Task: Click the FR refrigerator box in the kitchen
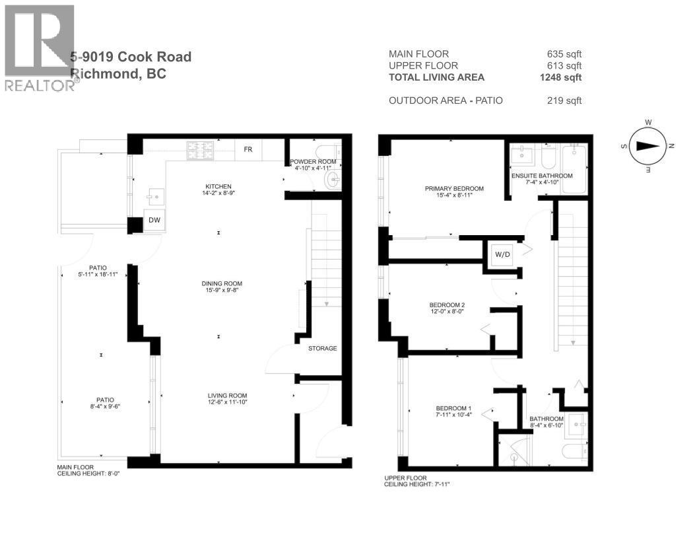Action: [x=248, y=149]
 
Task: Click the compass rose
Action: [x=649, y=147]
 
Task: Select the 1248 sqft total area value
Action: [x=560, y=77]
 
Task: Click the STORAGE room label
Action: [x=323, y=348]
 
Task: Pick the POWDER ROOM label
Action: [x=313, y=162]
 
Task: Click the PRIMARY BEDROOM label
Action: [x=454, y=188]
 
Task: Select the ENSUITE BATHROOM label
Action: [x=542, y=176]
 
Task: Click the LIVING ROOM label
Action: [x=227, y=396]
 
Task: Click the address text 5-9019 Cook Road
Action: [x=131, y=57]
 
